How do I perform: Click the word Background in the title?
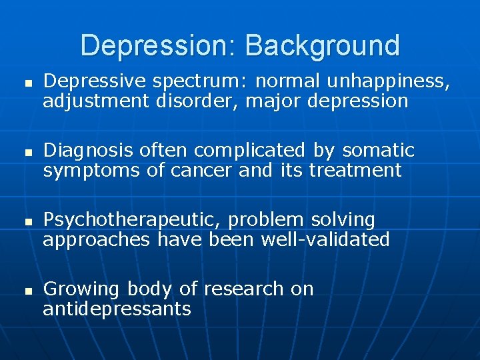click(x=323, y=45)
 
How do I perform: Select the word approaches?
click(x=97, y=239)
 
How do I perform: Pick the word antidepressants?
click(x=117, y=309)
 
